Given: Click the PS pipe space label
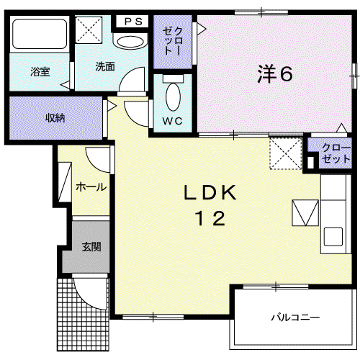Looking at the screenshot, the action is click(133, 22).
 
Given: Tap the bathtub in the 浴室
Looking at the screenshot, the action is click(40, 34).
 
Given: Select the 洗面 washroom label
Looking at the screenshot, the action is click(105, 66).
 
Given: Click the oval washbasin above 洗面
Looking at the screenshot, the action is click(130, 42).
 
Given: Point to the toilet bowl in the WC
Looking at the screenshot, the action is click(173, 96).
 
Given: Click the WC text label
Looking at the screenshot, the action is click(173, 121).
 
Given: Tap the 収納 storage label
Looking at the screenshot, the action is click(55, 118).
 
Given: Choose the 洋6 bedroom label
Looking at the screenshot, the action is click(275, 73).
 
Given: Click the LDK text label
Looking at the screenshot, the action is click(210, 192).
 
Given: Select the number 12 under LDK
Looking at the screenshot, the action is click(211, 218).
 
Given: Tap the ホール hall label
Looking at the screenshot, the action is click(91, 187).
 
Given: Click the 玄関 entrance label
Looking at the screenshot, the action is click(91, 247).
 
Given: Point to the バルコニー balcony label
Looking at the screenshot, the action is click(295, 318).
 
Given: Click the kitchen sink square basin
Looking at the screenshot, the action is click(333, 237).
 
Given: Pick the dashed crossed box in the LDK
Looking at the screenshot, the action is click(286, 153).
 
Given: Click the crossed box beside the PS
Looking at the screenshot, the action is click(89, 30).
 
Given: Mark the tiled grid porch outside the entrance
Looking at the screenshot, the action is click(83, 315).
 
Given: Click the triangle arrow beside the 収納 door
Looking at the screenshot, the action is click(112, 106).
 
